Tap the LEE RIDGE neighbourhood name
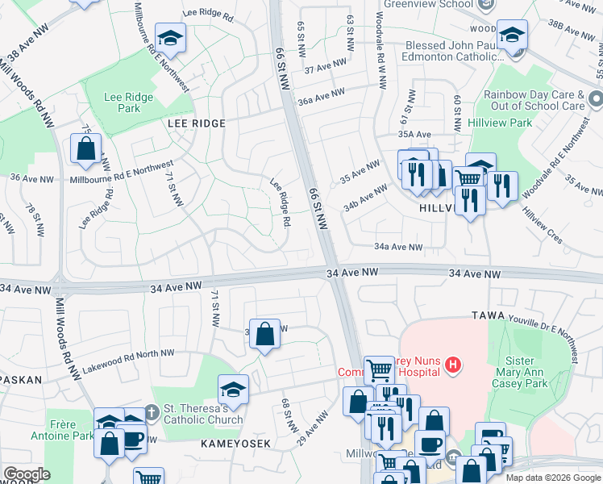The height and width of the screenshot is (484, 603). [x=196, y=123]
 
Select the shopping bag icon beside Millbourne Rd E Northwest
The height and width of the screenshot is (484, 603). [x=85, y=148]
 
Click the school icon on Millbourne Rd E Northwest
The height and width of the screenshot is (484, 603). [x=171, y=40]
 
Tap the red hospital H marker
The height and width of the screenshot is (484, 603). [x=454, y=365]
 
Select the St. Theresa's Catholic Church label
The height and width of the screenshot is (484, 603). [x=203, y=413]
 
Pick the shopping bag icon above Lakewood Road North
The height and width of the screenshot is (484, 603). [x=264, y=334]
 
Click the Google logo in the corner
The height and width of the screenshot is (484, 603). [x=27, y=474]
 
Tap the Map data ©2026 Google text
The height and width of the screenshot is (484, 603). [x=552, y=478]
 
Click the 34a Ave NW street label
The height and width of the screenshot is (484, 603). [x=398, y=248]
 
